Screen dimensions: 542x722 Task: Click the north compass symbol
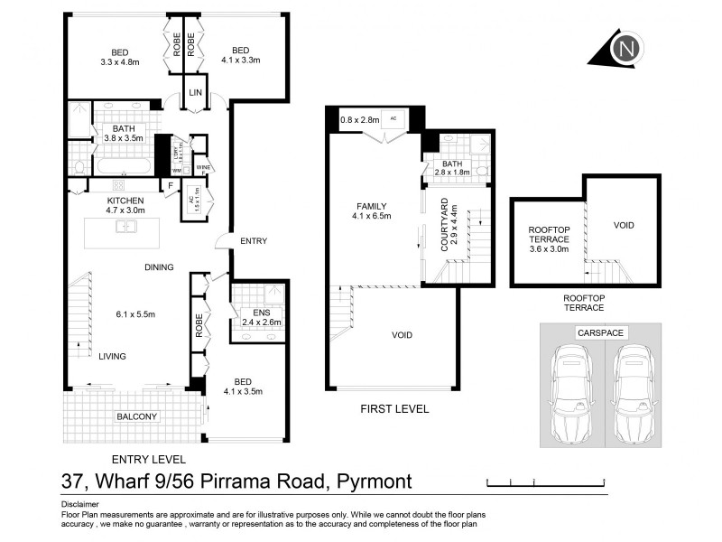coord(622,48)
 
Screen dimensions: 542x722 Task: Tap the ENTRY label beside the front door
coord(253,240)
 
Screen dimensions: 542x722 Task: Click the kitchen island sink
coord(125,227)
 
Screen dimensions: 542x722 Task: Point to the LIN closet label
coord(195,94)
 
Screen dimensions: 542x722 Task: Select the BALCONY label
coord(135,416)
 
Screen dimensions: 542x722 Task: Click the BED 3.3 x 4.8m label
coord(116,57)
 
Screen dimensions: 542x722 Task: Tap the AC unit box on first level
coord(393,118)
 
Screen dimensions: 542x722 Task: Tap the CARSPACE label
coord(601,333)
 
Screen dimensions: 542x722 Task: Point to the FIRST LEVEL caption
coord(393,409)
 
